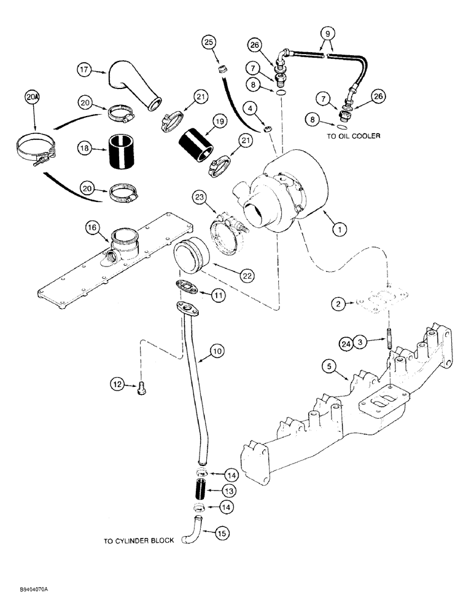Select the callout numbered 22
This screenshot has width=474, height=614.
pyautogui.click(x=247, y=276)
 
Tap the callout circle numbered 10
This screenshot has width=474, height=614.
pyautogui.click(x=217, y=352)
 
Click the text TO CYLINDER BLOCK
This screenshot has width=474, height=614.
pyautogui.click(x=139, y=540)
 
